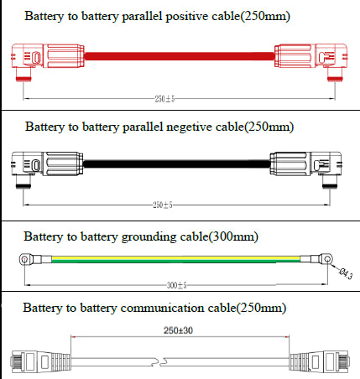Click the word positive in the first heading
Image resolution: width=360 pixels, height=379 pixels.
point(187,17)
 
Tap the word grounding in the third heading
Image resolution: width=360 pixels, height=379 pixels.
point(149,237)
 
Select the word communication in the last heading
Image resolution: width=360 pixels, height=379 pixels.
point(162,308)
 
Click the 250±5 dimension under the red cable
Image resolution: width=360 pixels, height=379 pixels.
point(164,99)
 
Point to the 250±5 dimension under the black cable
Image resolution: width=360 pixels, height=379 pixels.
point(163,205)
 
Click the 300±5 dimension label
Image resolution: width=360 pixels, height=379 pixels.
point(176,285)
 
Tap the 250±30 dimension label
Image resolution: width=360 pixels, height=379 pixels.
point(178,330)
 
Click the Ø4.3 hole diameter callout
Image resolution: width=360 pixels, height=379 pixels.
point(346,273)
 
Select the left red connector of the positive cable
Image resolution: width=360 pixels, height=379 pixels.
point(48,60)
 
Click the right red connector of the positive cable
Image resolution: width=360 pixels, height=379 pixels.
point(311,60)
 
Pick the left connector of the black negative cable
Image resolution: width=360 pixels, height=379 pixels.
point(47,167)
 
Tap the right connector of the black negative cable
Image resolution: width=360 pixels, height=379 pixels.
point(305,167)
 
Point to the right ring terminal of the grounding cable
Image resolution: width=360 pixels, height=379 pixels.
point(316,260)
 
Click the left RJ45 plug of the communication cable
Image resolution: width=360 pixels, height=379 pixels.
point(40,361)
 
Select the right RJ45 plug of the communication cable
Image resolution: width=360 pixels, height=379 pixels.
point(319,361)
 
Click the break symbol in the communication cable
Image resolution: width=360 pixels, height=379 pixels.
point(159,362)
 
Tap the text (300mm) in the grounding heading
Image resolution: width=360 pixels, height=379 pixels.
point(233,237)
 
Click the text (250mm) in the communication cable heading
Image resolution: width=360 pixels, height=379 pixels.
point(262,308)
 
